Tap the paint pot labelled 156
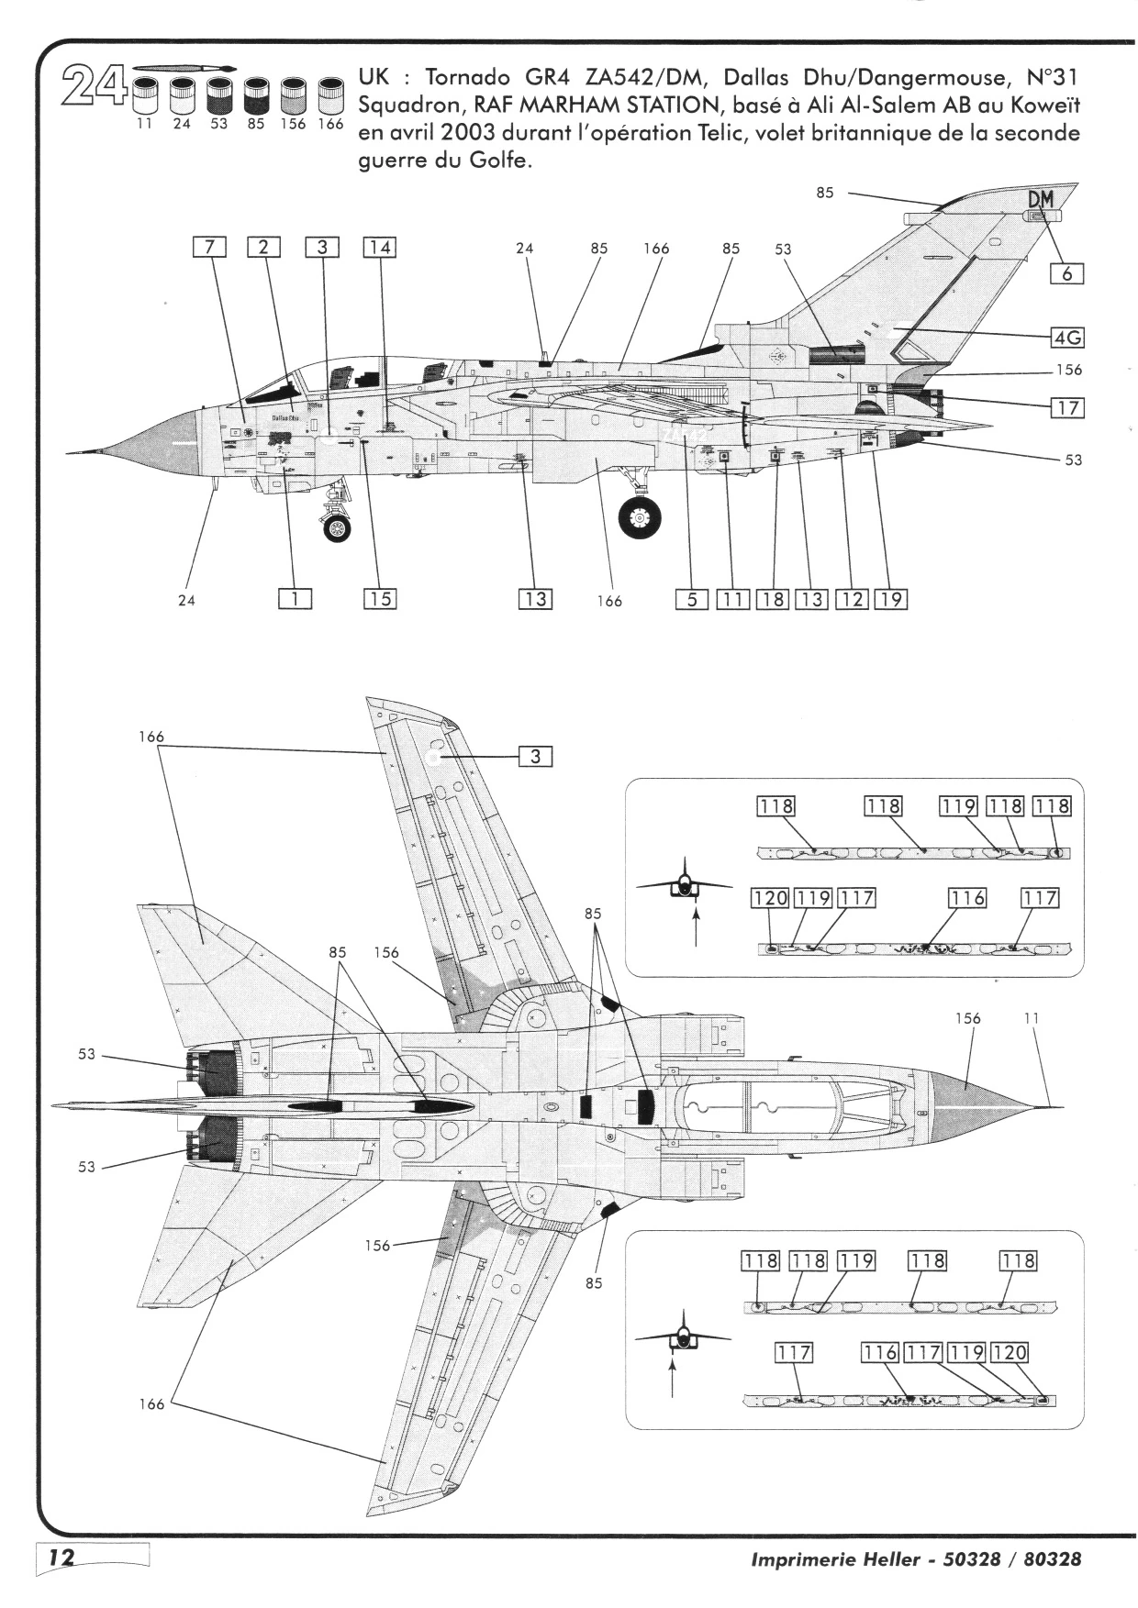[x=293, y=95]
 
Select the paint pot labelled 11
[x=144, y=95]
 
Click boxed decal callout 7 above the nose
[x=209, y=247]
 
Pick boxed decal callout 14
[x=379, y=247]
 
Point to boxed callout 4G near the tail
[x=1066, y=338]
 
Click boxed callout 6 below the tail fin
[x=1066, y=273]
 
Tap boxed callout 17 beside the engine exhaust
[x=1066, y=407]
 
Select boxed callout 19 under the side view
[x=890, y=599]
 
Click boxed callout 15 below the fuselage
[x=379, y=599]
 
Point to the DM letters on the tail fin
[x=1040, y=198]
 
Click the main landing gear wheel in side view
[x=640, y=518]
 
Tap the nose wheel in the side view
[x=337, y=528]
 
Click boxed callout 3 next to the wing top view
[x=536, y=757]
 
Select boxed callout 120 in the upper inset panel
[x=770, y=897]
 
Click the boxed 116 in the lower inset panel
[x=880, y=1352]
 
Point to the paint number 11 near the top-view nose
[x=1031, y=1018]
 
